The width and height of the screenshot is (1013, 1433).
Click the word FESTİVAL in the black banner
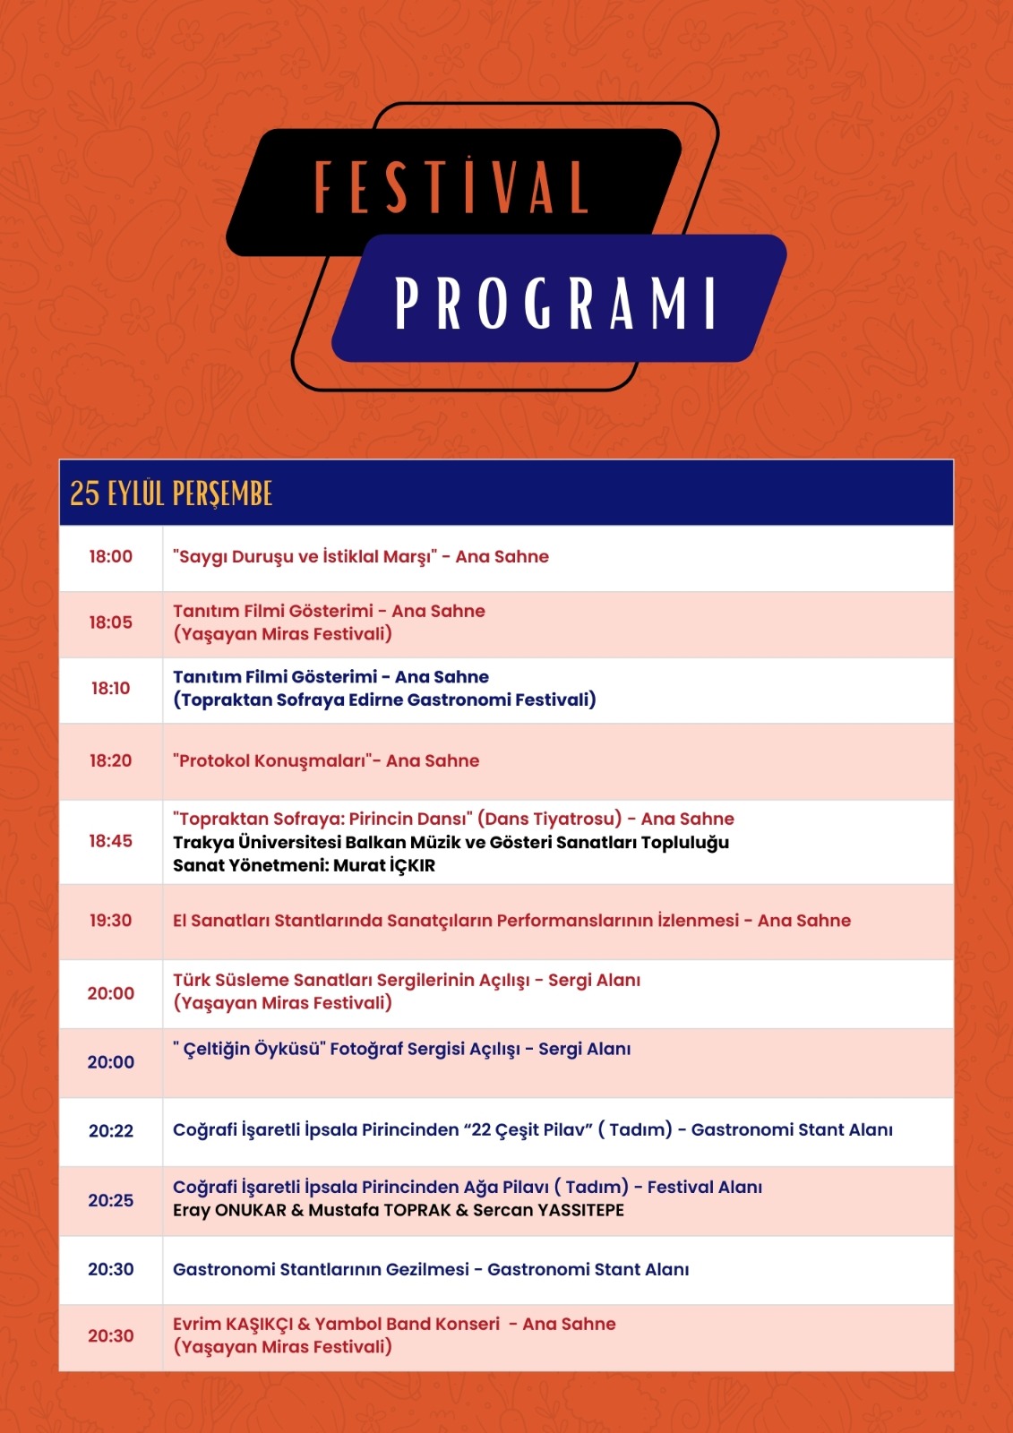click(x=451, y=187)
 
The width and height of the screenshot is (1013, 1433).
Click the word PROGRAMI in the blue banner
click(x=556, y=303)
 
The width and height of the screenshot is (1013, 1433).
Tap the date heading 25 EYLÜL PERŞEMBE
click(x=171, y=493)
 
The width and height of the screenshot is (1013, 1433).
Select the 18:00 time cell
click(x=110, y=557)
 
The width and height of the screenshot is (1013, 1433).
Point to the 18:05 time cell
click(x=110, y=622)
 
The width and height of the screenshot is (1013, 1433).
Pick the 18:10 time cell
click(x=110, y=689)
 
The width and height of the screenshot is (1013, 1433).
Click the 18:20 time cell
click(x=110, y=761)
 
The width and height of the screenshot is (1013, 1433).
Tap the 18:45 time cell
click(x=110, y=841)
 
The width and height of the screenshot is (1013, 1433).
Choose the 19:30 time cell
click(x=110, y=921)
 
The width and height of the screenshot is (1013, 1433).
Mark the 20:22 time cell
click(x=110, y=1131)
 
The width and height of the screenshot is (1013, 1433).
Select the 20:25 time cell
click(x=110, y=1201)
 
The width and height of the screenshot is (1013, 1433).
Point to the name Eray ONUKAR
click(x=229, y=1211)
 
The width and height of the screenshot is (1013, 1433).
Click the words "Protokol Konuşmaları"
click(x=272, y=761)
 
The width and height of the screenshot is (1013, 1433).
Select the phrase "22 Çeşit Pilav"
click(x=528, y=1130)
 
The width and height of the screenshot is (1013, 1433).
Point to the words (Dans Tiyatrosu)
click(x=549, y=819)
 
